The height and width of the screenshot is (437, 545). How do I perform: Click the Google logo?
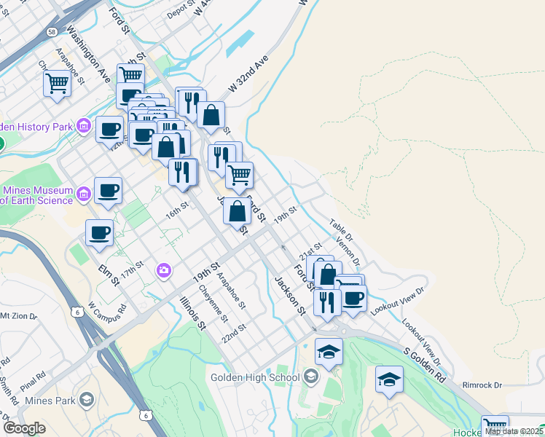pyautogui.click(x=25, y=428)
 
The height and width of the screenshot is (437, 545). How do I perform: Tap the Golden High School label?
pyautogui.click(x=254, y=377)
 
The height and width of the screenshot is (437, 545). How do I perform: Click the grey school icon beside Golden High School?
pyautogui.click(x=312, y=377)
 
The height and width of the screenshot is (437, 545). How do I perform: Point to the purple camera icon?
pyautogui.click(x=164, y=271)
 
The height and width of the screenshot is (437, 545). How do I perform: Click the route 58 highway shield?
pyautogui.click(x=52, y=32)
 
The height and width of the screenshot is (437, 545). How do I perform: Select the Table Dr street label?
pyautogui.click(x=340, y=231)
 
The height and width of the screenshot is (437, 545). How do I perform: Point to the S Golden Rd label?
pyautogui.click(x=424, y=365)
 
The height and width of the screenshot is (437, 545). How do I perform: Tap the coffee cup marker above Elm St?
pyautogui.click(x=100, y=234)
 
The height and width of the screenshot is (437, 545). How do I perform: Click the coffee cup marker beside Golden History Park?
pyautogui.click(x=109, y=130)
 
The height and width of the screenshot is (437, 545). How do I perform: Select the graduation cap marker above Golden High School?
pyautogui.click(x=329, y=352)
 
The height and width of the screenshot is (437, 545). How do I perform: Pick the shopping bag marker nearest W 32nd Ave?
pyautogui.click(x=211, y=115)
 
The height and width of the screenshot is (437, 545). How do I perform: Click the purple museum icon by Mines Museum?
pyautogui.click(x=84, y=194)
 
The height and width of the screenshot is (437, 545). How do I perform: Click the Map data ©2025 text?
pyautogui.click(x=514, y=431)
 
